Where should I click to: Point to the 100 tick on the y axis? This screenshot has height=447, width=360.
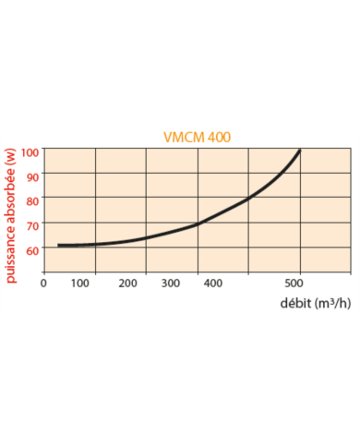(x=30, y=151)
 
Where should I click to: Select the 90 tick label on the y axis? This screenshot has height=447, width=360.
(x=33, y=175)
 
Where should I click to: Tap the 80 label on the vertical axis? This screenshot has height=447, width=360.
(x=33, y=200)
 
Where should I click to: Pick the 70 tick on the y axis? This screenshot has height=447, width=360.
(x=33, y=225)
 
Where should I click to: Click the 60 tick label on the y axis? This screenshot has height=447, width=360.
(x=33, y=249)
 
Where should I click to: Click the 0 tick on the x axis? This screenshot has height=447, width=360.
(x=44, y=284)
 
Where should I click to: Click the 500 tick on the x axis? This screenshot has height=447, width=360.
(x=295, y=284)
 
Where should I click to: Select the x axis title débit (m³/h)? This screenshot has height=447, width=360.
(x=315, y=303)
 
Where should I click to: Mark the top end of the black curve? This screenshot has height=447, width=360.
(x=300, y=151)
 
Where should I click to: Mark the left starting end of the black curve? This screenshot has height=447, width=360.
(x=59, y=245)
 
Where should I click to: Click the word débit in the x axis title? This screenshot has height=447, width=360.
(x=296, y=303)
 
